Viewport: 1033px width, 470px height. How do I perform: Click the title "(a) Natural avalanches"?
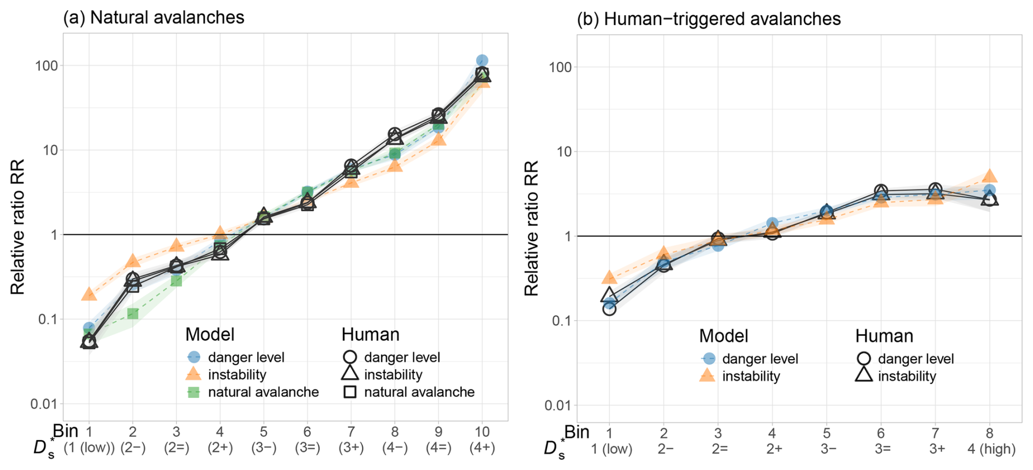[x=153, y=17]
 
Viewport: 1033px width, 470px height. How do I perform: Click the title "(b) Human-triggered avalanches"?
[x=709, y=19]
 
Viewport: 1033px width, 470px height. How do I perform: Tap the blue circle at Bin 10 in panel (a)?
[x=482, y=61]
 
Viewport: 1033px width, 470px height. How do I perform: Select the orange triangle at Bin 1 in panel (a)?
[x=89, y=295]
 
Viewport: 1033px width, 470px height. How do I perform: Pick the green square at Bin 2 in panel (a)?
[x=133, y=313]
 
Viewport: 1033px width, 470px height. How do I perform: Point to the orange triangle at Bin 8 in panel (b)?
[x=989, y=176]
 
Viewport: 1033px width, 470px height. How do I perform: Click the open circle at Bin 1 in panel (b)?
[x=609, y=309]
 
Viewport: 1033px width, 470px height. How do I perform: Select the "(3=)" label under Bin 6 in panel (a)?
[x=307, y=448]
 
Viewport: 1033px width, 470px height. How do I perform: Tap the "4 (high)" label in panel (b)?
[x=992, y=449]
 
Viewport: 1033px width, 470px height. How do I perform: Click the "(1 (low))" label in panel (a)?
[x=89, y=448]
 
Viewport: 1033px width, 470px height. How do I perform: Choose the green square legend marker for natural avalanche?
[x=193, y=392]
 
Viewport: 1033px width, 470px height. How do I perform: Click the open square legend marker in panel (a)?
[x=349, y=392]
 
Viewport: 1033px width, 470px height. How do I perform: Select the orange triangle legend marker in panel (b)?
[x=707, y=376]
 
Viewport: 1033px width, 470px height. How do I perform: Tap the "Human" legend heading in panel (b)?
[x=884, y=336]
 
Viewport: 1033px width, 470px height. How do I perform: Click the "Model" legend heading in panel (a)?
[x=210, y=334]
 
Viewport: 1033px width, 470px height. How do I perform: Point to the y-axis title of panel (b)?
[x=531, y=228]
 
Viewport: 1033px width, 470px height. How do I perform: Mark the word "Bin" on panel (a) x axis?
[x=66, y=431]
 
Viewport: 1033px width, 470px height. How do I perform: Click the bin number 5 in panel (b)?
[x=827, y=433]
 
